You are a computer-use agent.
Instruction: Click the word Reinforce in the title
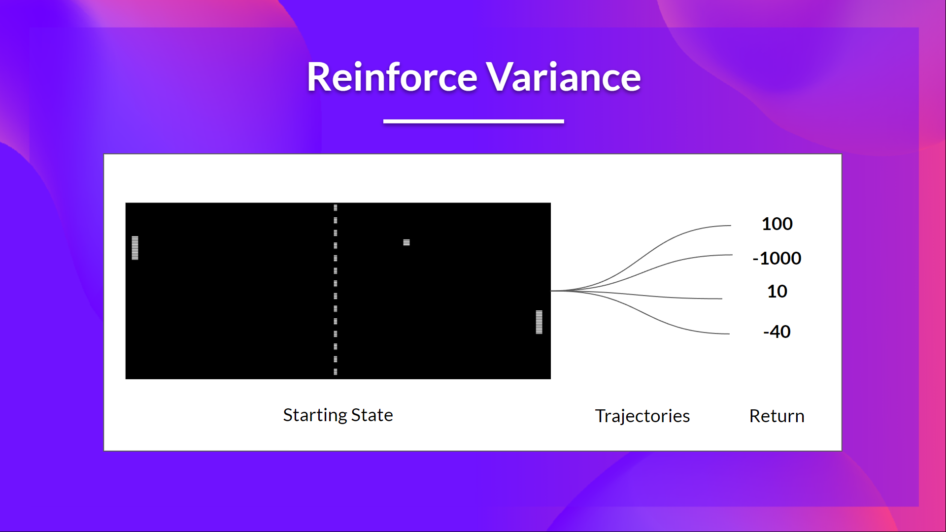392,77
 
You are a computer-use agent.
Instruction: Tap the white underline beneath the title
473,121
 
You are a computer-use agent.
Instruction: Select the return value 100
777,224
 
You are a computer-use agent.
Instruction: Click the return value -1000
777,258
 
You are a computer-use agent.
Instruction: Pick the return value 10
777,292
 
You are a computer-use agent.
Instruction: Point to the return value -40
777,332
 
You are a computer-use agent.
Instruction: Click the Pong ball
406,242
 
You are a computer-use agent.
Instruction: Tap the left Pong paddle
135,248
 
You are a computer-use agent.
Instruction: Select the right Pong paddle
539,322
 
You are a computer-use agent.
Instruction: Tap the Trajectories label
642,416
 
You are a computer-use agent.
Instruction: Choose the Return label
777,416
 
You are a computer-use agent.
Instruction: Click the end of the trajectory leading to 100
730,226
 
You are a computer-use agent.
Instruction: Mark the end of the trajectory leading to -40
728,333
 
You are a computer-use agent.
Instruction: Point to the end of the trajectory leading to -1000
731,255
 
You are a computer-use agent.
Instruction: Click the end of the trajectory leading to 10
721,299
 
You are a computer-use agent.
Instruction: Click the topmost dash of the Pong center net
336,208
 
